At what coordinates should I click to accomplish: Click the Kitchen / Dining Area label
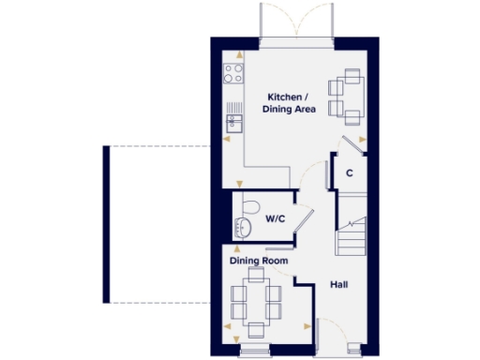tap(292, 103)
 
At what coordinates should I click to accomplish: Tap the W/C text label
tap(276, 218)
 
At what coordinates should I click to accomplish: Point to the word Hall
tap(338, 283)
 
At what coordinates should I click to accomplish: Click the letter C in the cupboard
tap(349, 172)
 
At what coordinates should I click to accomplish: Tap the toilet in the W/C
tap(248, 206)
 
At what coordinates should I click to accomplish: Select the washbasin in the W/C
tap(244, 227)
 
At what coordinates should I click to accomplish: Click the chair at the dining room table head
tap(255, 273)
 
